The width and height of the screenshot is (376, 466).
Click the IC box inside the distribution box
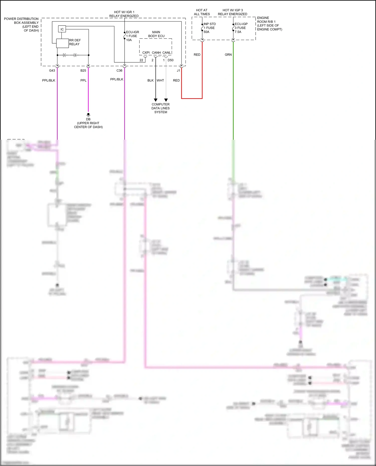click(62, 29)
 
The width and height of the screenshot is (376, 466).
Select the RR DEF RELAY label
click(74, 42)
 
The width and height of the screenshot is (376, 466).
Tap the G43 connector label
click(52, 71)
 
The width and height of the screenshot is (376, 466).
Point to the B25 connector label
click(83, 71)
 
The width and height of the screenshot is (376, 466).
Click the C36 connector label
click(119, 71)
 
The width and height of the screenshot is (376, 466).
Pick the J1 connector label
click(178, 71)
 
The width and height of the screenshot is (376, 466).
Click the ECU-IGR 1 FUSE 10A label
click(132, 36)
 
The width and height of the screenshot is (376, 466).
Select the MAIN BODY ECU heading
click(156, 34)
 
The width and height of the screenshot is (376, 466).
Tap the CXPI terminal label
click(146, 53)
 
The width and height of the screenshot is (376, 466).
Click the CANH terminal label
click(156, 53)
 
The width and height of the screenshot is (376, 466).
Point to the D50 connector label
click(170, 60)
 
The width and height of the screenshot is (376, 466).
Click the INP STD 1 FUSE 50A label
click(209, 28)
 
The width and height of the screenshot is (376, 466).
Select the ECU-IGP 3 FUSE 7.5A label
click(241, 28)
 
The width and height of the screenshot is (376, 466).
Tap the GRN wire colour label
click(228, 55)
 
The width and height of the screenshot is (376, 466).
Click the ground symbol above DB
click(88, 115)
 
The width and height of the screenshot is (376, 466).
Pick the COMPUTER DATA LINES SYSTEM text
click(160, 108)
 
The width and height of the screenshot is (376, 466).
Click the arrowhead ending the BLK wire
click(155, 100)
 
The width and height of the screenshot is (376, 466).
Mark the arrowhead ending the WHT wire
click(166, 100)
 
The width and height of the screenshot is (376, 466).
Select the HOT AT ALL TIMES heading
click(202, 12)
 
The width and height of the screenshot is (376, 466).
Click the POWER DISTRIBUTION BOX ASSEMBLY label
click(22, 25)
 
